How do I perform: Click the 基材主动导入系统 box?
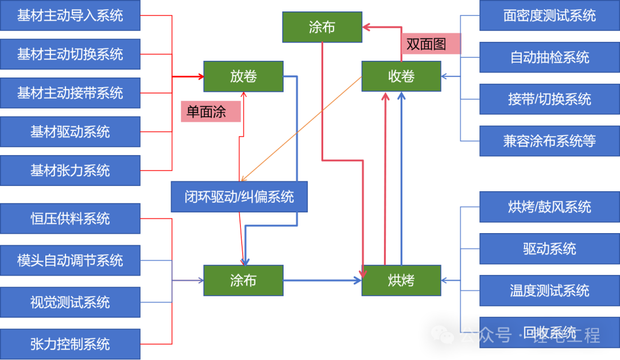tap(70, 16)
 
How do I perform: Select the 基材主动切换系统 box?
tap(70, 55)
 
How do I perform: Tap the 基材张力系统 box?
tap(70, 171)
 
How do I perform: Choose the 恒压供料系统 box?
tap(70, 219)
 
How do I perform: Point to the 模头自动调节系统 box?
tap(70, 261)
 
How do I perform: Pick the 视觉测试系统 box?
tap(70, 303)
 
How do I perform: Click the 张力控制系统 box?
tap(70, 344)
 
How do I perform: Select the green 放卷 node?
tap(243, 76)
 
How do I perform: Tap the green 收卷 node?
tap(401, 76)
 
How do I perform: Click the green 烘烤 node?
tap(401, 281)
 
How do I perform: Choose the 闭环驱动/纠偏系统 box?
tap(239, 197)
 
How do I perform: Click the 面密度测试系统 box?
tap(549, 16)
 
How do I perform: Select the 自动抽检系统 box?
tap(549, 57)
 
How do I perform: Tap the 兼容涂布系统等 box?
tap(549, 141)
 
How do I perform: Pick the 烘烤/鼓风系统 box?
tap(549, 207)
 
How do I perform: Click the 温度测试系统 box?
tap(549, 291)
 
